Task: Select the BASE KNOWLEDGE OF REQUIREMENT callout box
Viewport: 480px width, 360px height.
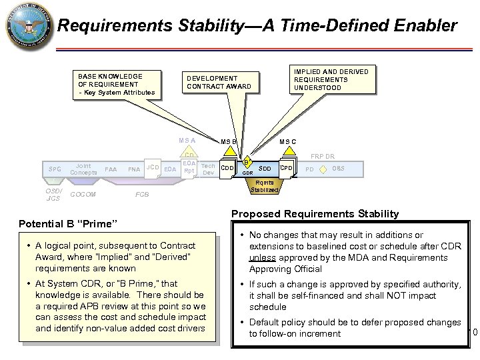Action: click(x=116, y=84)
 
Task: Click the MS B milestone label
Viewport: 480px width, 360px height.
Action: click(x=229, y=141)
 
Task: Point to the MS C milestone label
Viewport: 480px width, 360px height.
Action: click(x=289, y=141)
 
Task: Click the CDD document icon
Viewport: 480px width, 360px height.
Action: click(x=228, y=169)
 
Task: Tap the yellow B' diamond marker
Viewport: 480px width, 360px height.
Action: click(x=247, y=162)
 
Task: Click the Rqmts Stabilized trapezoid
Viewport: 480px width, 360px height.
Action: click(x=265, y=187)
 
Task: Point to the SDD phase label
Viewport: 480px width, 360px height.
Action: click(x=265, y=169)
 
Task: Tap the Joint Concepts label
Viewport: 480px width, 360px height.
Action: click(x=83, y=169)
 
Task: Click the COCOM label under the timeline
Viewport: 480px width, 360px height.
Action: click(x=83, y=195)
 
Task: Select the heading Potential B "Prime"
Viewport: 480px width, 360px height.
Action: click(x=69, y=221)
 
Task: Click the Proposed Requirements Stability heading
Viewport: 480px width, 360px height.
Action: click(x=315, y=214)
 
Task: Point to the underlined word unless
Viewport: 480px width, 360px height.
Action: click(x=262, y=257)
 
